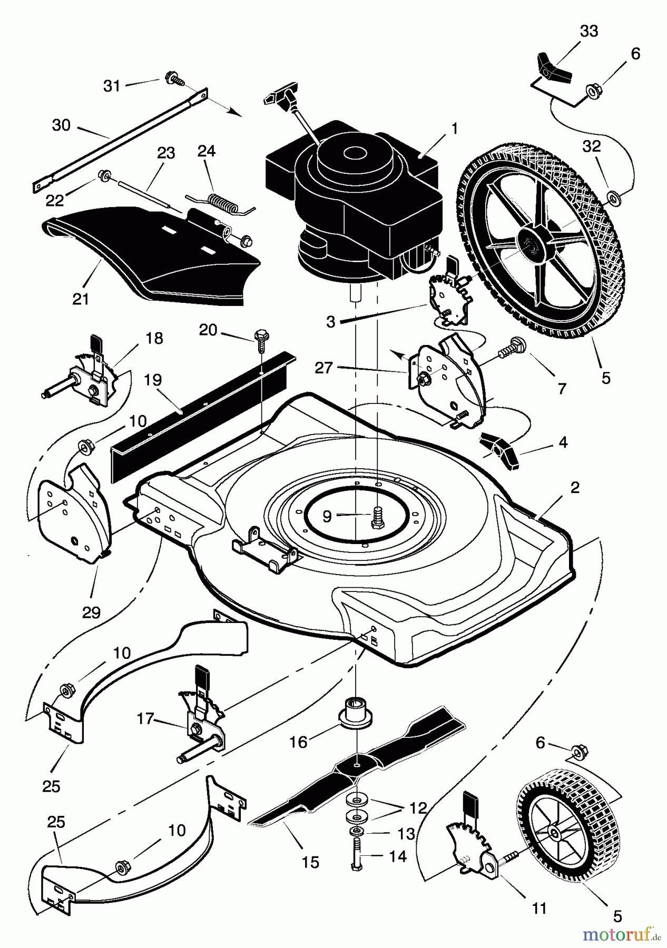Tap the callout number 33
[x=588, y=31]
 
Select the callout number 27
[x=323, y=367]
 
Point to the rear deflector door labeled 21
[x=150, y=256]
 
